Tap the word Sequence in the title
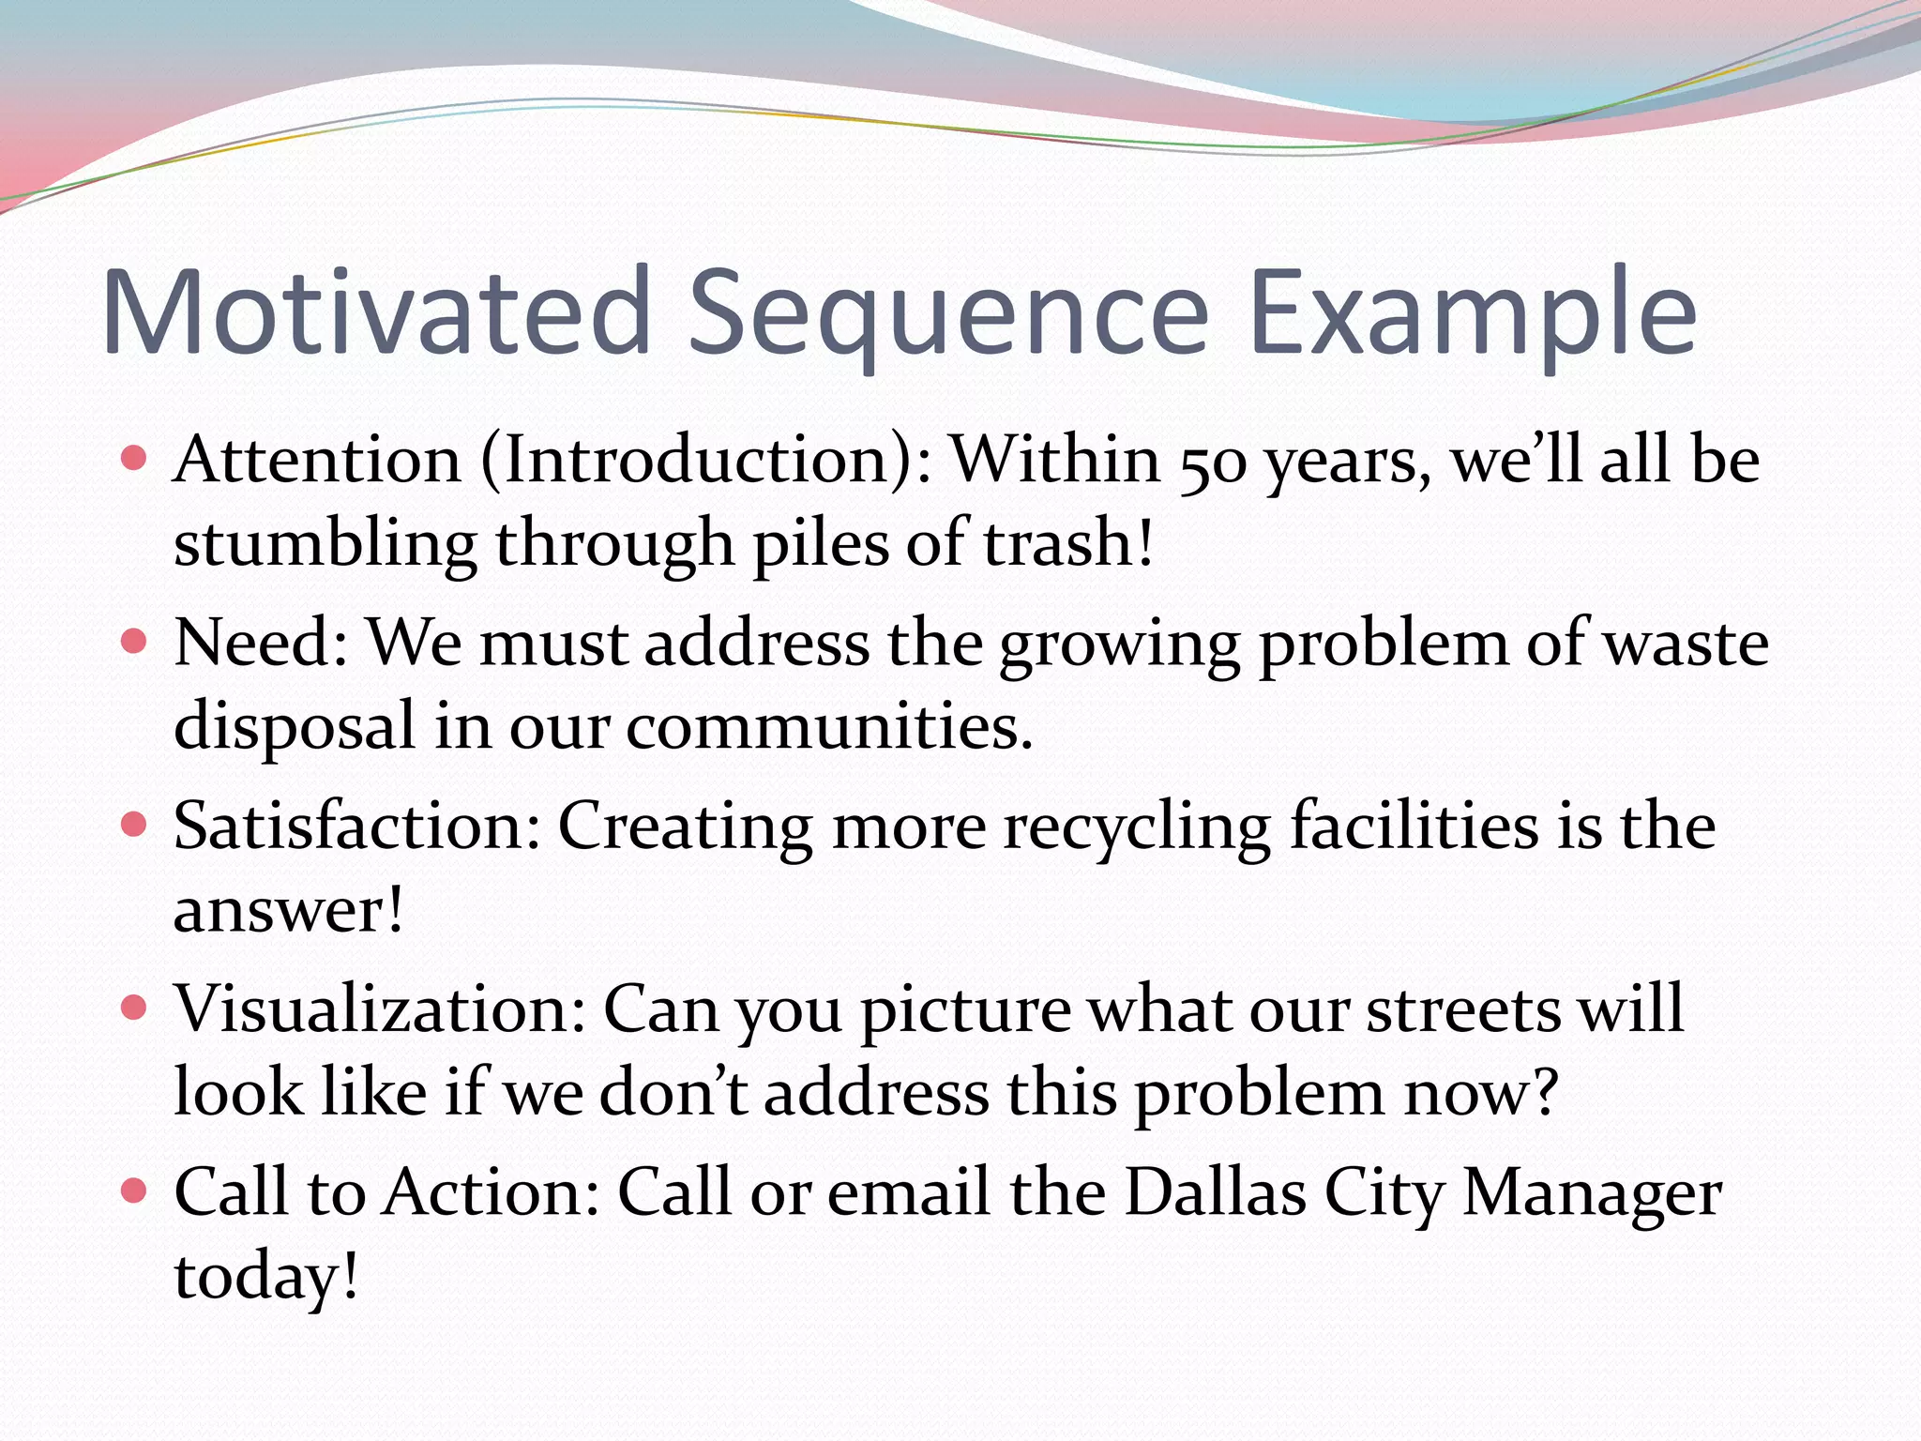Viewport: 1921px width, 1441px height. pyautogui.click(x=947, y=314)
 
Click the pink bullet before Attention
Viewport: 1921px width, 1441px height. pyautogui.click(x=135, y=459)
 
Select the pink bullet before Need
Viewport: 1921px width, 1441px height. pyautogui.click(x=135, y=642)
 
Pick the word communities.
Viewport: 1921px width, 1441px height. pyautogui.click(x=829, y=727)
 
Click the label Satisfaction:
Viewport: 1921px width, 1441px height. pyautogui.click(x=357, y=827)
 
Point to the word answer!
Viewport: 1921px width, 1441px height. pyautogui.click(x=288, y=910)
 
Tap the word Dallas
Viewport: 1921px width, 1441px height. pyautogui.click(x=1215, y=1192)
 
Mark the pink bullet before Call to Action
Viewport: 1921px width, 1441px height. pyautogui.click(x=135, y=1191)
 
